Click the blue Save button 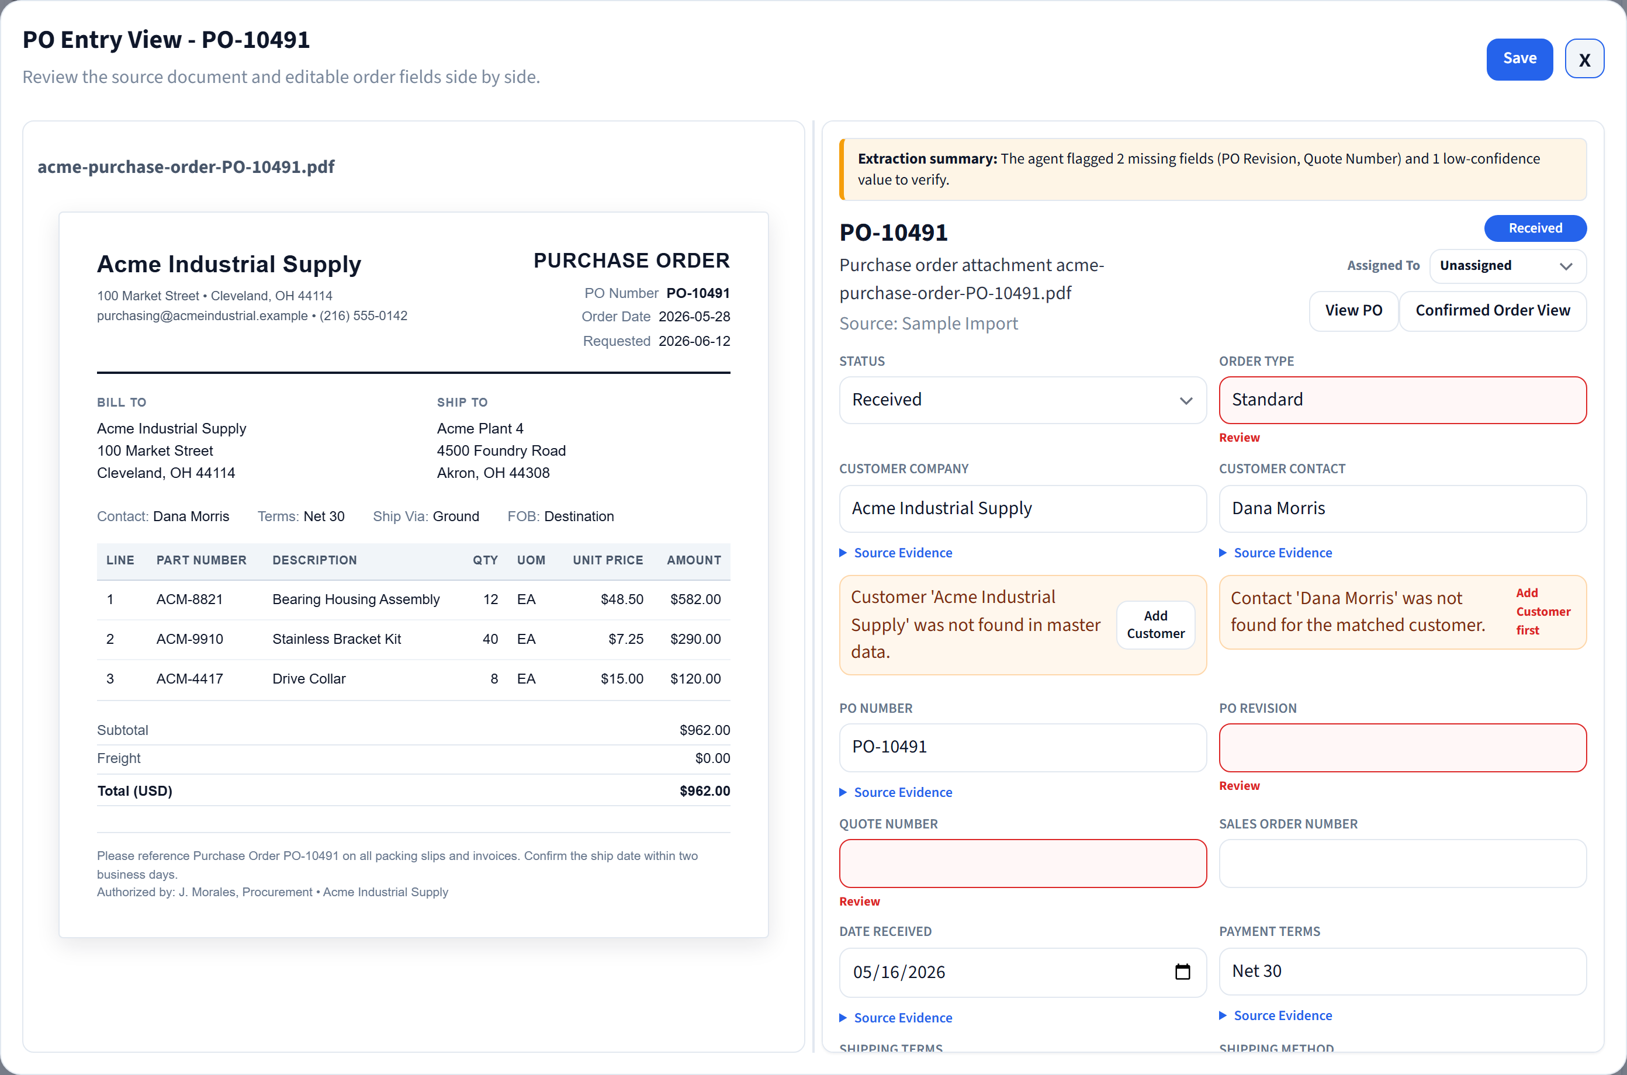pyautogui.click(x=1519, y=59)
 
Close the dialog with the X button pyautogui.click(x=1584, y=59)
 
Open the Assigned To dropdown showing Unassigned pyautogui.click(x=1507, y=266)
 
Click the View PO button pyautogui.click(x=1353, y=311)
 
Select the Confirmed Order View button pyautogui.click(x=1492, y=311)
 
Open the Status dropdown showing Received pyautogui.click(x=1022, y=400)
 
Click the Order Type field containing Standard pyautogui.click(x=1402, y=400)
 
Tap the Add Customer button pyautogui.click(x=1155, y=625)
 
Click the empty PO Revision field pyautogui.click(x=1402, y=747)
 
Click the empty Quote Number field pyautogui.click(x=1022, y=863)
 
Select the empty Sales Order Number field pyautogui.click(x=1402, y=863)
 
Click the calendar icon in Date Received pyautogui.click(x=1182, y=972)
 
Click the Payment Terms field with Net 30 pyautogui.click(x=1402, y=972)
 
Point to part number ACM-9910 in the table pyautogui.click(x=190, y=639)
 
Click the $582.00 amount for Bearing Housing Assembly pyautogui.click(x=695, y=599)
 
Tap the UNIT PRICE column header pyautogui.click(x=607, y=560)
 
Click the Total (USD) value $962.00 pyautogui.click(x=705, y=791)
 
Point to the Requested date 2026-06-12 pyautogui.click(x=694, y=341)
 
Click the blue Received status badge pyautogui.click(x=1535, y=228)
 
